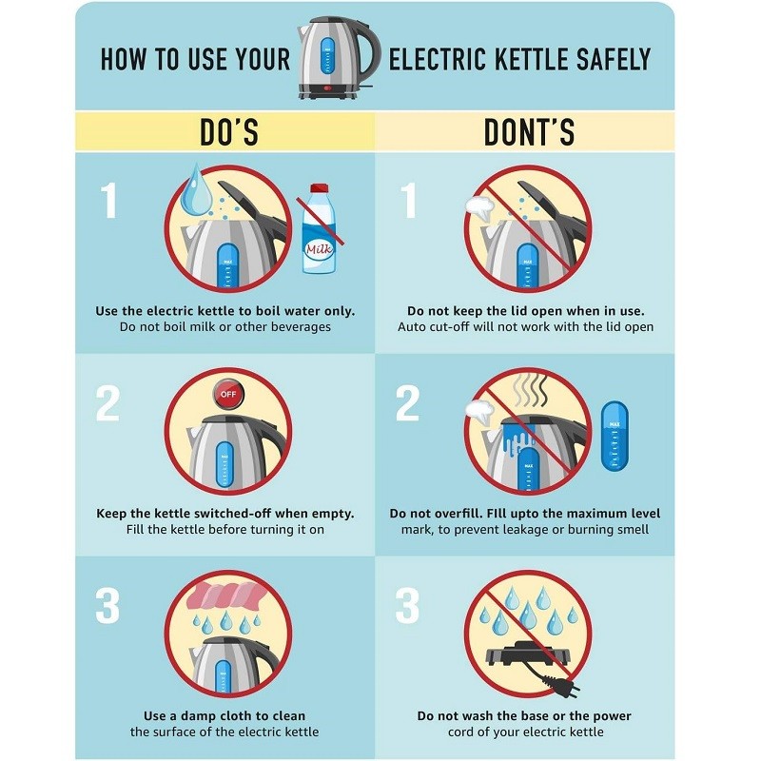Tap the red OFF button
pyautogui.click(x=228, y=394)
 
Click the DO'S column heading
pyautogui.click(x=229, y=131)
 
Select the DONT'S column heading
pyautogui.click(x=529, y=131)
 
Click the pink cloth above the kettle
pyautogui.click(x=226, y=595)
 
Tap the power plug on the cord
pyautogui.click(x=565, y=685)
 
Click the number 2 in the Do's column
pyautogui.click(x=107, y=402)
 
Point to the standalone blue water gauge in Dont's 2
pyautogui.click(x=615, y=436)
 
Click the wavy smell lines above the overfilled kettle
pyautogui.click(x=531, y=390)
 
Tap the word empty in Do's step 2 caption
pyautogui.click(x=334, y=514)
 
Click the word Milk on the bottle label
pyautogui.click(x=319, y=249)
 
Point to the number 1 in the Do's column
pyautogui.click(x=109, y=200)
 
